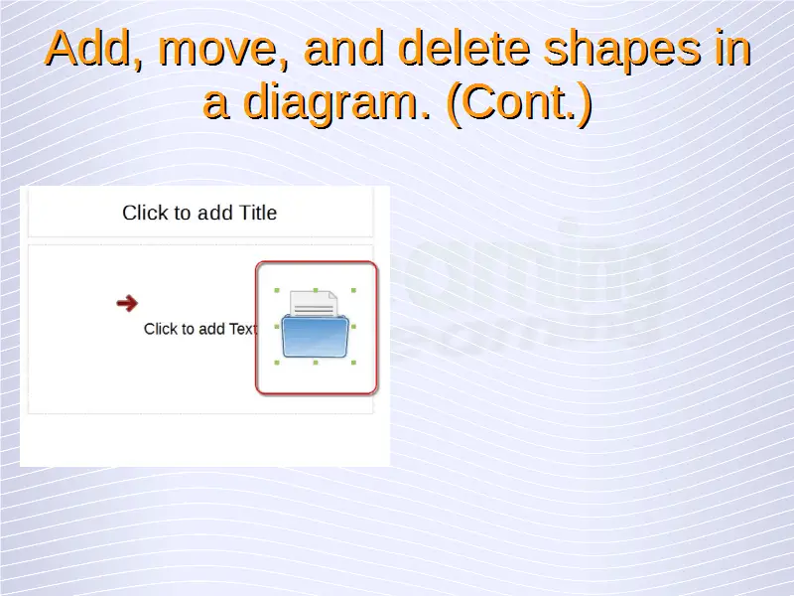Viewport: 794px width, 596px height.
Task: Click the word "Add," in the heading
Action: (94, 49)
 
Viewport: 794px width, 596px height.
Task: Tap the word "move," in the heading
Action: (223, 50)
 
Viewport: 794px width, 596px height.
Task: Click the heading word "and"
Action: (343, 48)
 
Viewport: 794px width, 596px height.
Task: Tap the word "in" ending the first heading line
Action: (732, 48)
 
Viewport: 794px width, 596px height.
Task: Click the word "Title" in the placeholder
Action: (258, 213)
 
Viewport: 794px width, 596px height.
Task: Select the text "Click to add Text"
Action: (201, 329)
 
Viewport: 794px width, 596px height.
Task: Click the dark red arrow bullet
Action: (127, 303)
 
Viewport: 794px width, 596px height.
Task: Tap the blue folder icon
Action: (316, 336)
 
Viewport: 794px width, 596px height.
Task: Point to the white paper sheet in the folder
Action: (314, 303)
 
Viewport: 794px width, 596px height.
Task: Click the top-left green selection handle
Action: (277, 290)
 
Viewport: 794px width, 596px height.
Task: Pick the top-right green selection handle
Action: (353, 290)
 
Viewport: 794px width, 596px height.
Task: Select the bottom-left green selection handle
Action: (277, 363)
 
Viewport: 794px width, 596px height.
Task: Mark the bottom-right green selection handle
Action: (353, 363)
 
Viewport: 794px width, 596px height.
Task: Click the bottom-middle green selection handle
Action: (316, 363)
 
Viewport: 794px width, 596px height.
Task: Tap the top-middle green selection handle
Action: (316, 290)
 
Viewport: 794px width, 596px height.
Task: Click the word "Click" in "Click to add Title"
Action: (139, 213)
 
